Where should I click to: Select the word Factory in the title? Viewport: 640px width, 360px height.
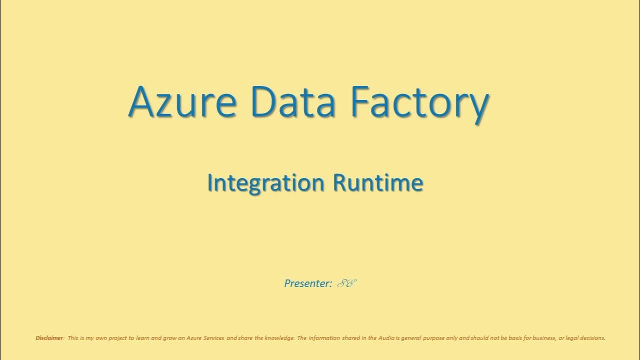[419, 102]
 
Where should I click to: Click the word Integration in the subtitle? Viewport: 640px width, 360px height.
[266, 183]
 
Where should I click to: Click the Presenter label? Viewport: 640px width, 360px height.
[307, 283]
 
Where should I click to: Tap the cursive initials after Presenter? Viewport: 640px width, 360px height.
[346, 283]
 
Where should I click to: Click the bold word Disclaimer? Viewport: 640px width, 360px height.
[49, 338]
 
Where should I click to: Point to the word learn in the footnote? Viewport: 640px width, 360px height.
[142, 338]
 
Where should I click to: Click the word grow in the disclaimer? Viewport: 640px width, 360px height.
[168, 338]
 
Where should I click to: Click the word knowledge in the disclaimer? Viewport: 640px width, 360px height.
[280, 338]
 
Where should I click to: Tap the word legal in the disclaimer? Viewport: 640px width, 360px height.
[571, 338]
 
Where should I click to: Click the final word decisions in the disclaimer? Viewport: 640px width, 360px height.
[593, 338]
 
